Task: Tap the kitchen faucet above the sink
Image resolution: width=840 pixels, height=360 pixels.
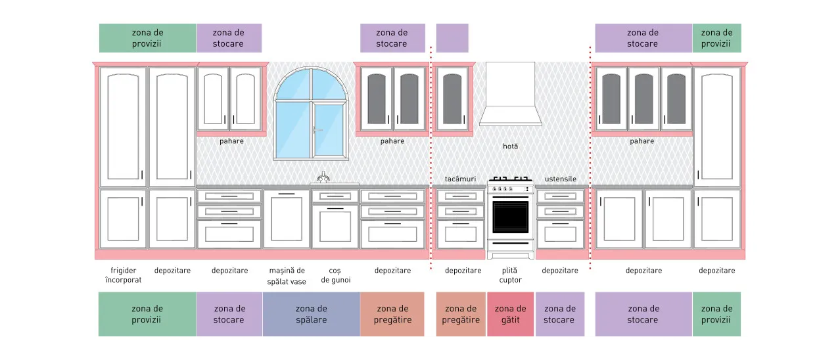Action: click(x=323, y=177)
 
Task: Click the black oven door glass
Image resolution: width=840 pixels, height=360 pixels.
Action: click(x=510, y=217)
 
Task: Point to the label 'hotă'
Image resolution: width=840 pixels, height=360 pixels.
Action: click(x=510, y=146)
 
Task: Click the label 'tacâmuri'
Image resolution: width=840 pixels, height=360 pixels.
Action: click(x=460, y=179)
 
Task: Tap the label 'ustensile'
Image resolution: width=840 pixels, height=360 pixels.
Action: click(x=560, y=179)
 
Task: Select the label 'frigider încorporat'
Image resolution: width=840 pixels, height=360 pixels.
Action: click(x=124, y=275)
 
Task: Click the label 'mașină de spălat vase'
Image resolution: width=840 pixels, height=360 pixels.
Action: click(x=287, y=276)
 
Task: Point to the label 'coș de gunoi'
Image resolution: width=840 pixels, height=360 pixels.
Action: click(x=336, y=275)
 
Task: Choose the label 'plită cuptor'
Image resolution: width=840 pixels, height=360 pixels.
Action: click(x=510, y=275)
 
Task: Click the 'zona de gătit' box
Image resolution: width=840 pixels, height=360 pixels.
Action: click(x=510, y=314)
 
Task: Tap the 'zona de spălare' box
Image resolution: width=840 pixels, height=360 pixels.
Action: click(x=312, y=314)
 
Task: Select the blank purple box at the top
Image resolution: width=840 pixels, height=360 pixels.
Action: click(x=452, y=38)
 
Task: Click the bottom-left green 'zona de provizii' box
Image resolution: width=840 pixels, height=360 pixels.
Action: click(x=147, y=314)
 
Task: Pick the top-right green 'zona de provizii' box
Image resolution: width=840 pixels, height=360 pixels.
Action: click(x=716, y=38)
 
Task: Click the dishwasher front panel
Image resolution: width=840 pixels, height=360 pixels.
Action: click(x=287, y=219)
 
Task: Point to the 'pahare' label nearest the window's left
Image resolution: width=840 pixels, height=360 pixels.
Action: click(x=231, y=141)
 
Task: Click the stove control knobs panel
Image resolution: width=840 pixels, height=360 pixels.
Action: click(x=510, y=189)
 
